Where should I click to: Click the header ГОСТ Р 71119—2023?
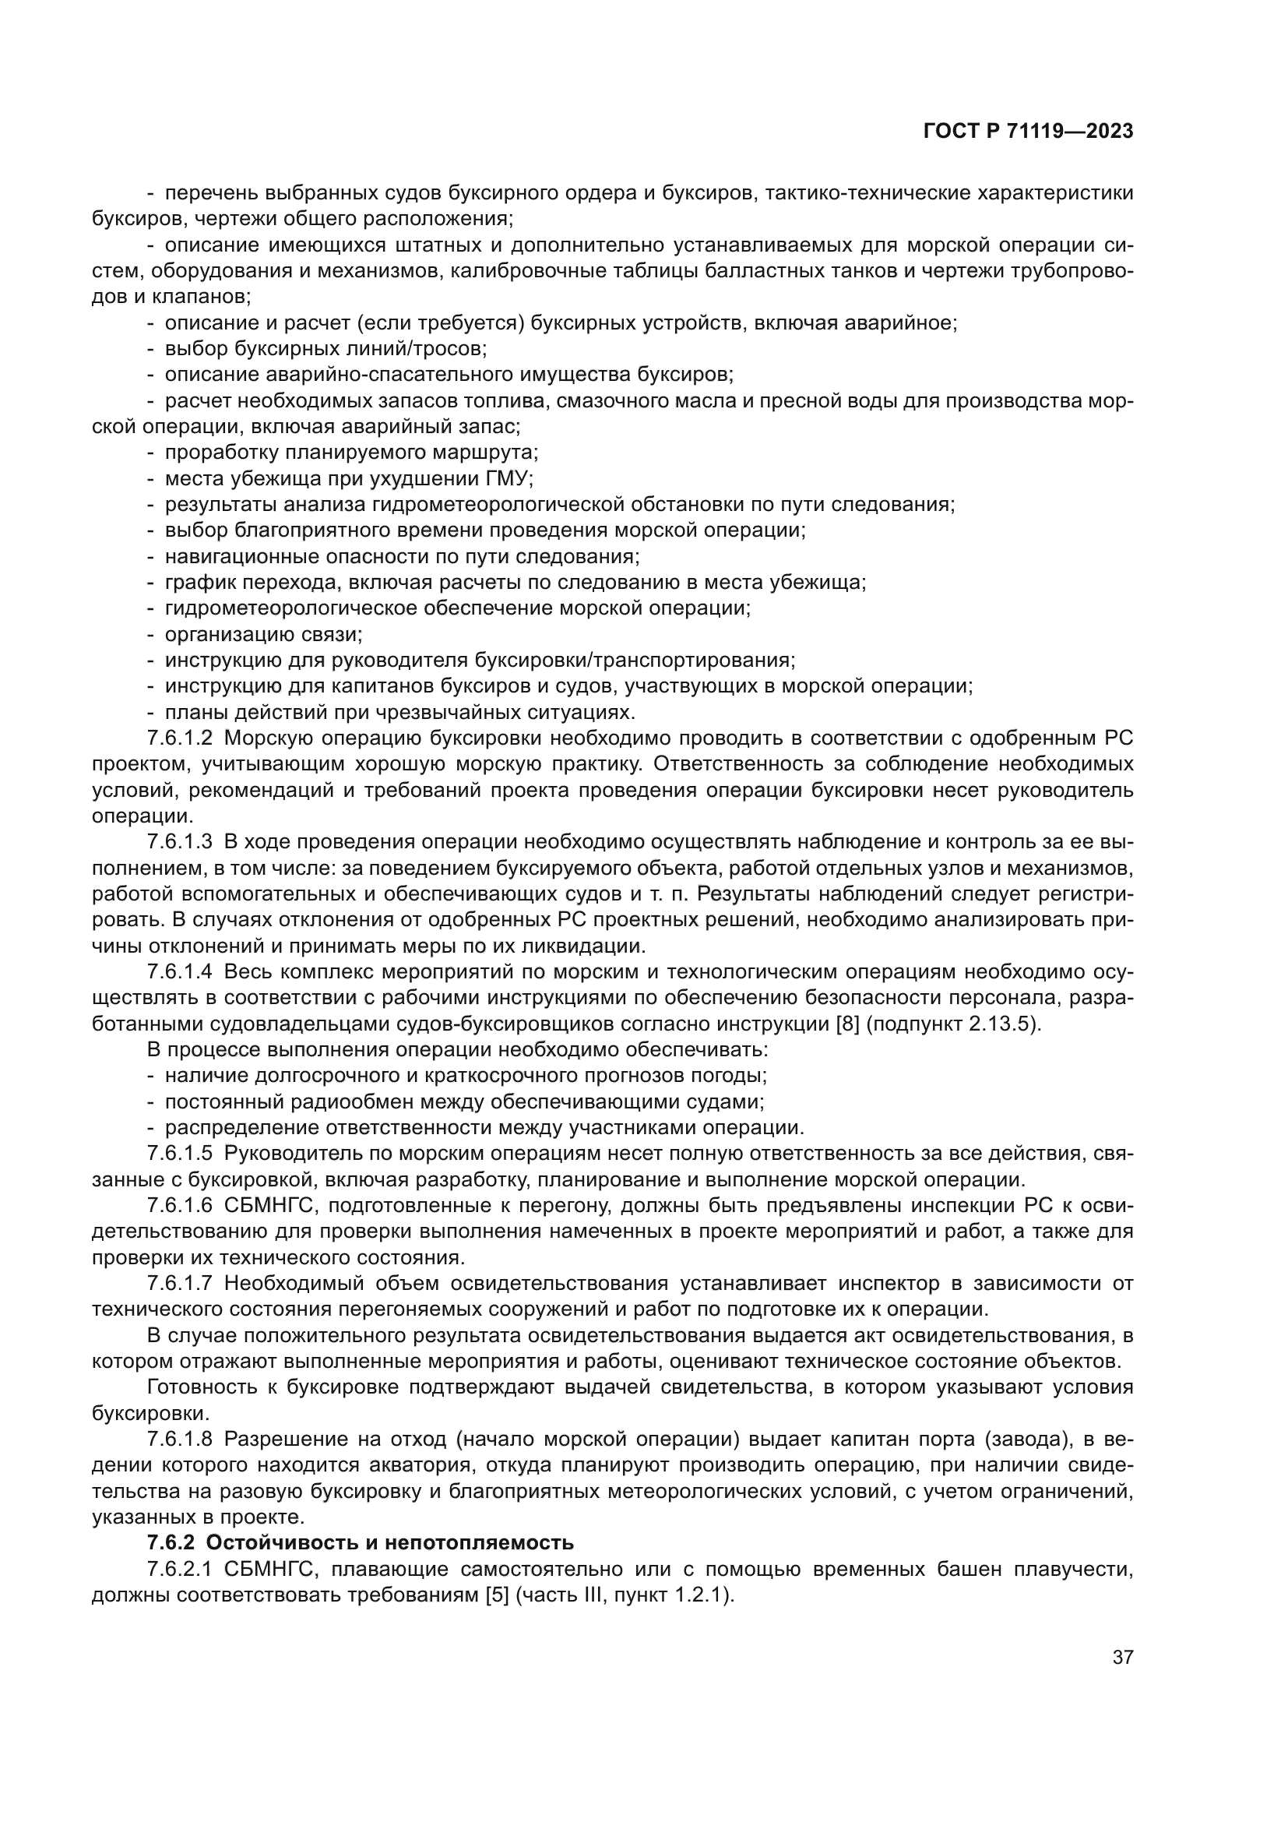pos(1028,132)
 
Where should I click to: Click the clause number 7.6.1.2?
pos(180,738)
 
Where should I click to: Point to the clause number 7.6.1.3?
pos(180,842)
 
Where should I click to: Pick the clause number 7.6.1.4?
pos(180,972)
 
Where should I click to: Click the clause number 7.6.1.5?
pos(180,1154)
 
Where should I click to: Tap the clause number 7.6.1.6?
pos(180,1205)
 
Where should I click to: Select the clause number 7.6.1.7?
pos(180,1283)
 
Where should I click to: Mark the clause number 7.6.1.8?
pos(180,1439)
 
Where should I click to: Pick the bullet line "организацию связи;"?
pos(263,635)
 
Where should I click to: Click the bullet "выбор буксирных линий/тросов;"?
pos(326,349)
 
